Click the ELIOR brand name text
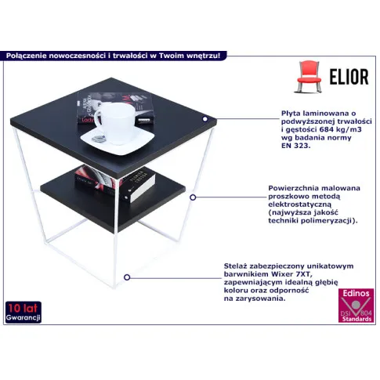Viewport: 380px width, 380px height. pos(349,77)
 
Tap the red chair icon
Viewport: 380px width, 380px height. pos(308,77)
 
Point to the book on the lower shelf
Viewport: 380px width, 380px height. pos(115,183)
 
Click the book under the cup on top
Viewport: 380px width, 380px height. pos(115,107)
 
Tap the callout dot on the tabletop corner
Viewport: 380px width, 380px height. pos(205,119)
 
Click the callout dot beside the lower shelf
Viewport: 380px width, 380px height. pos(193,197)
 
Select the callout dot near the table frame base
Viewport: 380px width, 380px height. pos(127,277)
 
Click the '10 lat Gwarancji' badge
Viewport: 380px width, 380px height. pos(24,312)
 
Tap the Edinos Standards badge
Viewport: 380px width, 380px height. pos(356,306)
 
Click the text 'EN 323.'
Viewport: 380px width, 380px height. pos(296,146)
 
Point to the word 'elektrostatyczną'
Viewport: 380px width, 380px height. pos(300,204)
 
